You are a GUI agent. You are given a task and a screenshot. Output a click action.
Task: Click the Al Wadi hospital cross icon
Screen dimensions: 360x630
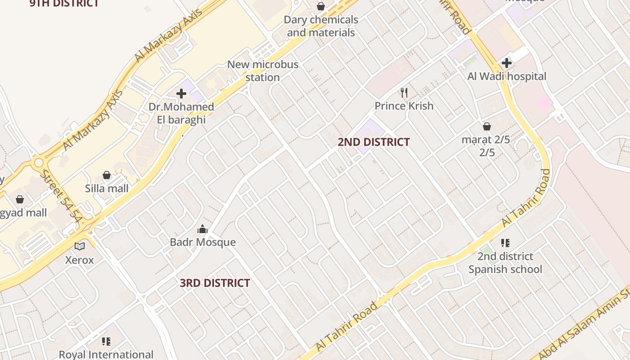tap(507, 63)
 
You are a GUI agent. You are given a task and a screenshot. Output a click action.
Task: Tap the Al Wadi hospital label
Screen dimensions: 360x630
tap(507, 76)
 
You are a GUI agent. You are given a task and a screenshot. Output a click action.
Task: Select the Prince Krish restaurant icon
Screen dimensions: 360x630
tap(404, 93)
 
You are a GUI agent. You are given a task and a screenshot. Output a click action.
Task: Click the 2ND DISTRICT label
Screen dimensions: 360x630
tap(373, 142)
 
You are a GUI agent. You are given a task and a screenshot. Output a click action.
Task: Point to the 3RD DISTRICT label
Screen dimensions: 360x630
tap(215, 283)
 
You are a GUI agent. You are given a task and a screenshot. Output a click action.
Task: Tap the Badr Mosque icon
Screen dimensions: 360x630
tap(202, 229)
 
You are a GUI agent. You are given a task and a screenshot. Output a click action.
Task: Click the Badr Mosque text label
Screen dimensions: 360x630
tap(202, 242)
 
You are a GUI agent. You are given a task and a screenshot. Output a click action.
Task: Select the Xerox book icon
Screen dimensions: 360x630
tap(80, 246)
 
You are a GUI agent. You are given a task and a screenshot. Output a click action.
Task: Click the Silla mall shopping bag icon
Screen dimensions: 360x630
tap(107, 175)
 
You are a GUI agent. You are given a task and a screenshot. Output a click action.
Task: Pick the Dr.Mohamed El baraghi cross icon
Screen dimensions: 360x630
tap(181, 94)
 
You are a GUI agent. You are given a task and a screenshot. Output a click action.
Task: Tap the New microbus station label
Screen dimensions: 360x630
tap(263, 71)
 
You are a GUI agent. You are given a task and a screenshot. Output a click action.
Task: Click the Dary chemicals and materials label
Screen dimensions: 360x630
tap(321, 26)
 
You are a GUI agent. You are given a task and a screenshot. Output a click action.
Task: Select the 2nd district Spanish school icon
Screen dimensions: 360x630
tap(505, 243)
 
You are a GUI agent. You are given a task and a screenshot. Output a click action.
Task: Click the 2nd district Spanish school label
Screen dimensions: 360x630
tap(505, 263)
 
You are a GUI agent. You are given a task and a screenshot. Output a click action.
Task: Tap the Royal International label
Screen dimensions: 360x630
tap(106, 355)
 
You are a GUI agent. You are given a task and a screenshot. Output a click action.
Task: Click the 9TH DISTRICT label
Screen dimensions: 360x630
tap(64, 4)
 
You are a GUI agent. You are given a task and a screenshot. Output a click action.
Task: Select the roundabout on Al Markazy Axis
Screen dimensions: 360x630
tap(39, 162)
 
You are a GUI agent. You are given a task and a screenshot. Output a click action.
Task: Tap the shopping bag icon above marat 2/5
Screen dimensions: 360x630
tap(486, 126)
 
